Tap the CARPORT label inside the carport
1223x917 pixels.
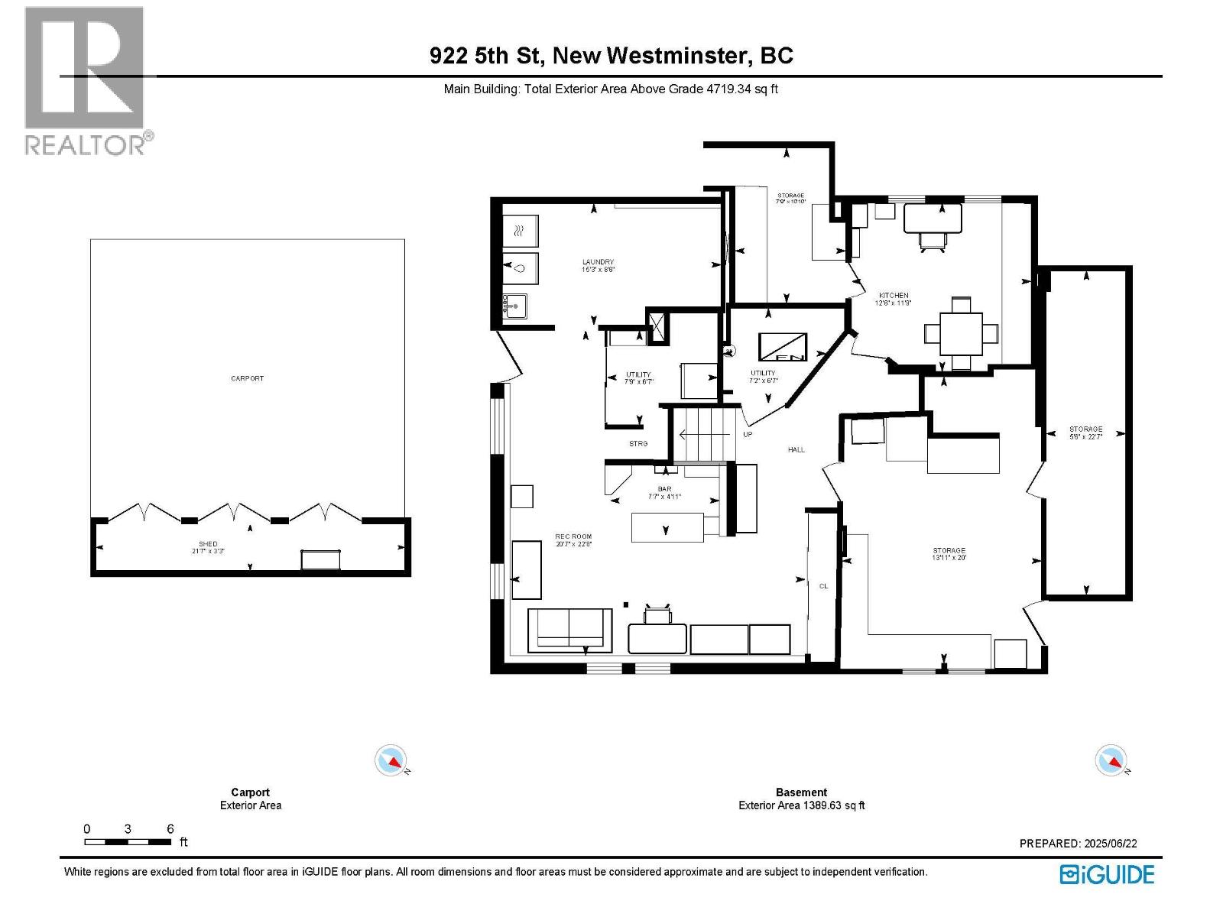click(247, 378)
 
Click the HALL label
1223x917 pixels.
click(796, 450)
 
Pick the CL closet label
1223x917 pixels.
click(823, 586)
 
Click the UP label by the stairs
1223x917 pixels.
click(748, 435)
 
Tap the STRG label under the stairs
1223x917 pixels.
click(638, 444)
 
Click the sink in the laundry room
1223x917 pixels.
click(515, 307)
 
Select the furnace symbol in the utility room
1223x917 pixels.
click(782, 347)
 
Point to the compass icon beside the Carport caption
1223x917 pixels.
click(391, 760)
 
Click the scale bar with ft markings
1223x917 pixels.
click(128, 842)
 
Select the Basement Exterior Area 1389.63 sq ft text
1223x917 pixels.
click(801, 805)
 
